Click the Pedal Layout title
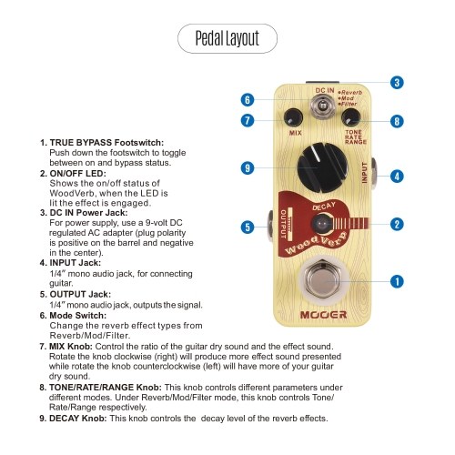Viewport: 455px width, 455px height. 227,38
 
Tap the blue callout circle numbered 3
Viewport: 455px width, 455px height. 397,83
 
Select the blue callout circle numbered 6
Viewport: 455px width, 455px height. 248,100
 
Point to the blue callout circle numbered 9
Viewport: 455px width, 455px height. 248,167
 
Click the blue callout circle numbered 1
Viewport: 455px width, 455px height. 397,281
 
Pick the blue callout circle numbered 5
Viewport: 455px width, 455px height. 248,227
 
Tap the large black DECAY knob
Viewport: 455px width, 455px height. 322,167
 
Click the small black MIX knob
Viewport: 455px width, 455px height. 293,117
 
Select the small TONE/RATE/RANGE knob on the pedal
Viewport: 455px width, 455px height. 351,117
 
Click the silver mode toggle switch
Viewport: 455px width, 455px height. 322,106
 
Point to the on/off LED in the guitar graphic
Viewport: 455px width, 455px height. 322,224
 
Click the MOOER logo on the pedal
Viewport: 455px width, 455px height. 323,315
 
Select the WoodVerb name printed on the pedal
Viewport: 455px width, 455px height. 316,243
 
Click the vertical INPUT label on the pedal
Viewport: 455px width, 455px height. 365,173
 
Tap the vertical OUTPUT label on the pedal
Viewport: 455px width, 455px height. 283,224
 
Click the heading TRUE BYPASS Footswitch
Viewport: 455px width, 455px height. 106,143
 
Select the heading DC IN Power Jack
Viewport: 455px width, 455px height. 88,213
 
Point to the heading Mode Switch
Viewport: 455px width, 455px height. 78,316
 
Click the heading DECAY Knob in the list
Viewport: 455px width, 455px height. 78,419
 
